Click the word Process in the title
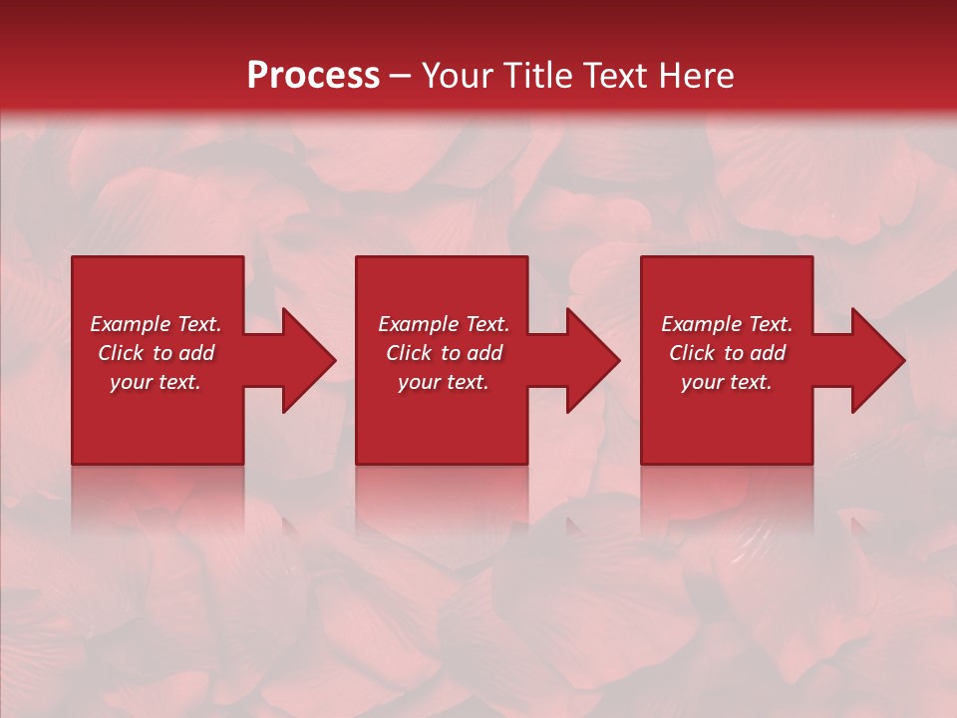pyautogui.click(x=313, y=76)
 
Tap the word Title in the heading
pyautogui.click(x=535, y=76)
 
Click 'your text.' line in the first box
pyautogui.click(x=156, y=382)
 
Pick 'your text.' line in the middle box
pyautogui.click(x=444, y=382)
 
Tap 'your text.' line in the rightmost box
pyautogui.click(x=727, y=382)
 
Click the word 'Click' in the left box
pyautogui.click(x=121, y=353)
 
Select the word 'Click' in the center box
pyautogui.click(x=409, y=353)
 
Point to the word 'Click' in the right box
pyautogui.click(x=692, y=353)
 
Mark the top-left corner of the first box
pyautogui.click(x=74, y=258)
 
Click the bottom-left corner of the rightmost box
pyautogui.click(x=643, y=462)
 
